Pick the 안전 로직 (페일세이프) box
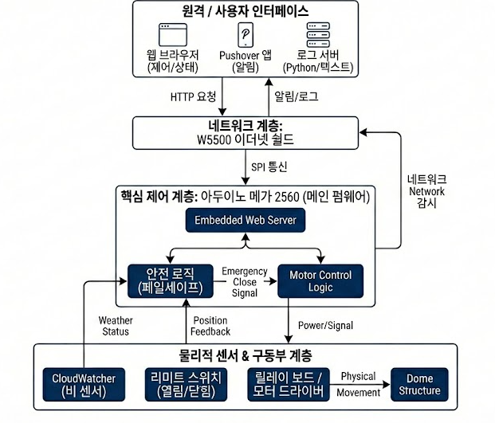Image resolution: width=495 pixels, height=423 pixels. coord(172,281)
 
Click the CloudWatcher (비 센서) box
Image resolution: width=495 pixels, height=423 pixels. coord(84,383)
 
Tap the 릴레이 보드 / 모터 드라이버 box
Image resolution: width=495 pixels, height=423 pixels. coord(288,383)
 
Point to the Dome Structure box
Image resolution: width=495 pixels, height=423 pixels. coord(419,383)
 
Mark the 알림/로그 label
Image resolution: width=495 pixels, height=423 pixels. coord(296,96)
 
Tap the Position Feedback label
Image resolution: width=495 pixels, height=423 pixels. coord(210,325)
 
